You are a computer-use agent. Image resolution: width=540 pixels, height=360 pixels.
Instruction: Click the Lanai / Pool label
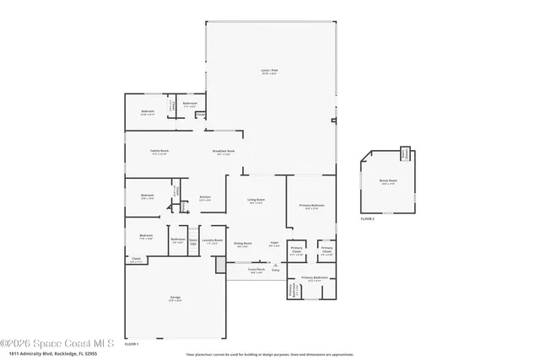(x=269, y=73)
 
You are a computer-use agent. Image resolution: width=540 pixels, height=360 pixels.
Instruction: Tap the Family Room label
(x=159, y=152)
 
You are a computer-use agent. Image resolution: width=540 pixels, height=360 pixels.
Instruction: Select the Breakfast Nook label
(x=224, y=153)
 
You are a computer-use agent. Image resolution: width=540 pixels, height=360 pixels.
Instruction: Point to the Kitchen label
(x=204, y=198)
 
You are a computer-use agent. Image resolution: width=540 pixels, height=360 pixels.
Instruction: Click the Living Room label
(x=256, y=201)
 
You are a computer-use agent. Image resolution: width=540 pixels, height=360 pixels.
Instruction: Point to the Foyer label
(x=274, y=244)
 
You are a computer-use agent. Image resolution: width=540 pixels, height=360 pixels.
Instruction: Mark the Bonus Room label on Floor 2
(x=389, y=181)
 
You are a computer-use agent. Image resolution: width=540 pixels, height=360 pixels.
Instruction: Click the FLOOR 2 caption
(x=367, y=219)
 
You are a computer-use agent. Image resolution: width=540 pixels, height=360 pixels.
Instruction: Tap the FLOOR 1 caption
(x=132, y=344)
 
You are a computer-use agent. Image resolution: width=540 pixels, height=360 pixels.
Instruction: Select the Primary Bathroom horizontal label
(x=314, y=277)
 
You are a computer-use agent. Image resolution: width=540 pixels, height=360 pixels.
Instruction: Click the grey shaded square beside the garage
(x=221, y=266)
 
